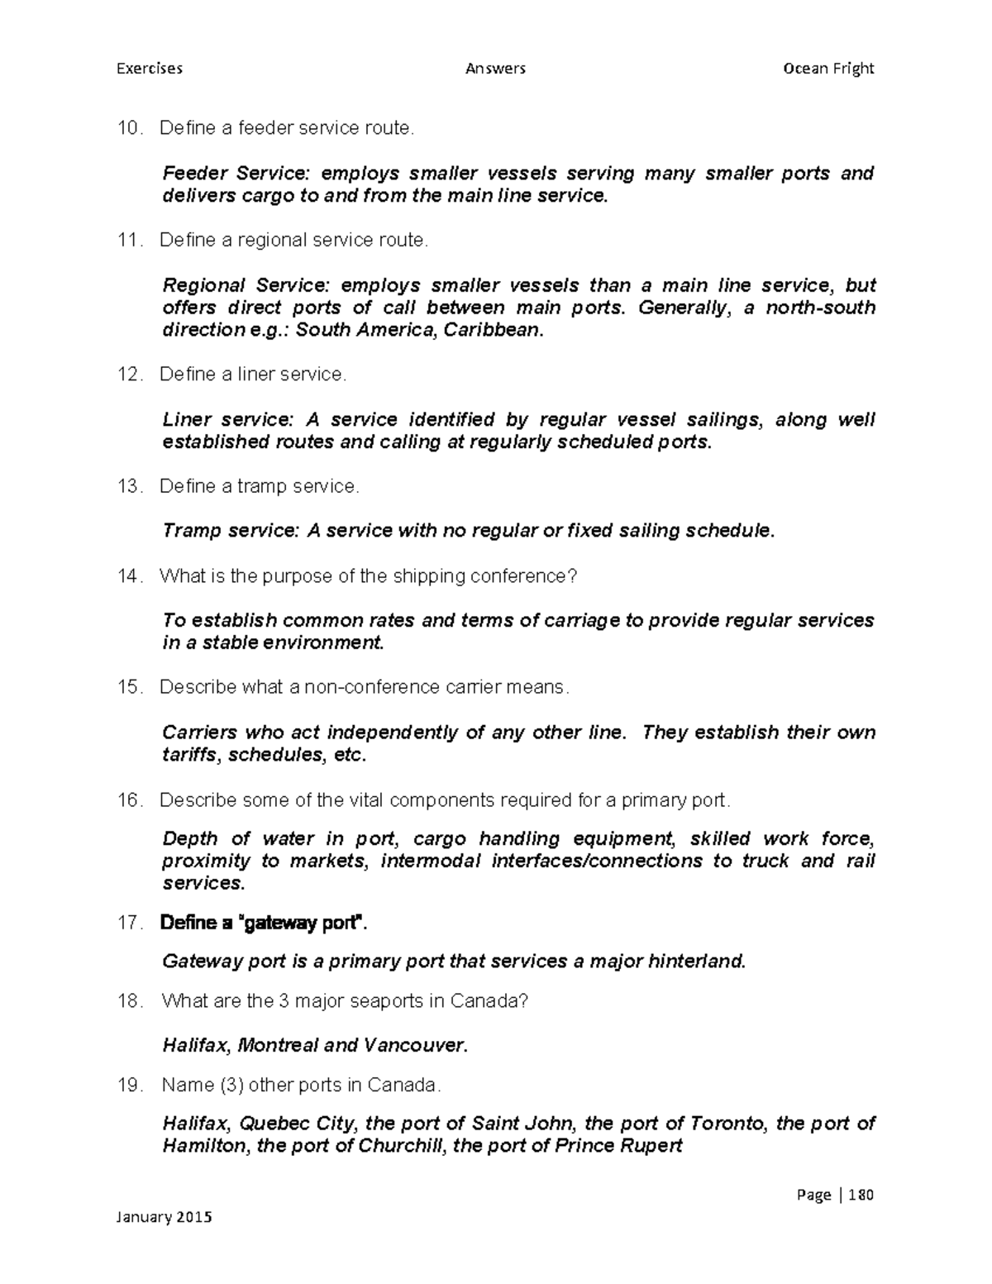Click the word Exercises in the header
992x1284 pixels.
point(149,68)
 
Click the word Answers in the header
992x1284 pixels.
point(495,68)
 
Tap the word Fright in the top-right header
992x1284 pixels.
point(853,68)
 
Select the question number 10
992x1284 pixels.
point(130,128)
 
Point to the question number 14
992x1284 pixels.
point(130,576)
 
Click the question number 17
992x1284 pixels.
point(130,923)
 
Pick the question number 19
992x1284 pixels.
point(130,1085)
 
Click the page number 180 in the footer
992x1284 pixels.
point(860,1195)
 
